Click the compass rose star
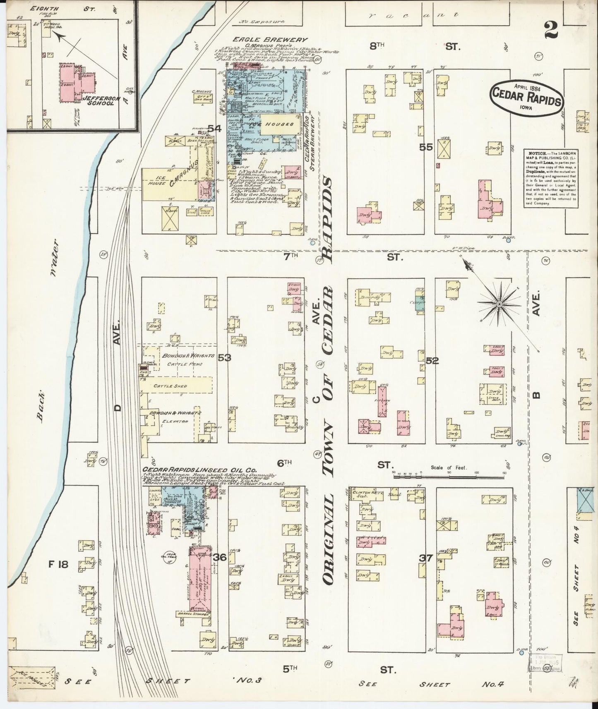(x=499, y=304)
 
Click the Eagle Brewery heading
(x=269, y=40)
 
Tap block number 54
(x=215, y=129)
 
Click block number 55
(x=426, y=146)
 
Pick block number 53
(x=225, y=357)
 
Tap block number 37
(x=426, y=558)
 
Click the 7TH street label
(x=291, y=256)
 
